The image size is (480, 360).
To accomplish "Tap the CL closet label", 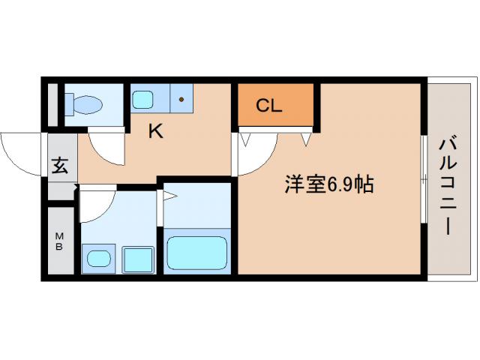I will tap(268, 106).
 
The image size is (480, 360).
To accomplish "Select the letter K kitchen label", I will tap(155, 132).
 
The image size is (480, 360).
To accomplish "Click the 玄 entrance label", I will tap(60, 166).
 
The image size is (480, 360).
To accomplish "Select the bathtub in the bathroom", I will tap(196, 253).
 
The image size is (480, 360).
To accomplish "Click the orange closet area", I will tap(274, 105).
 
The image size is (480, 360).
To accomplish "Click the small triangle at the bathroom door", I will tap(169, 198).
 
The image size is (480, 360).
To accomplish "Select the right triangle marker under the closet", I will tap(306, 138).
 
